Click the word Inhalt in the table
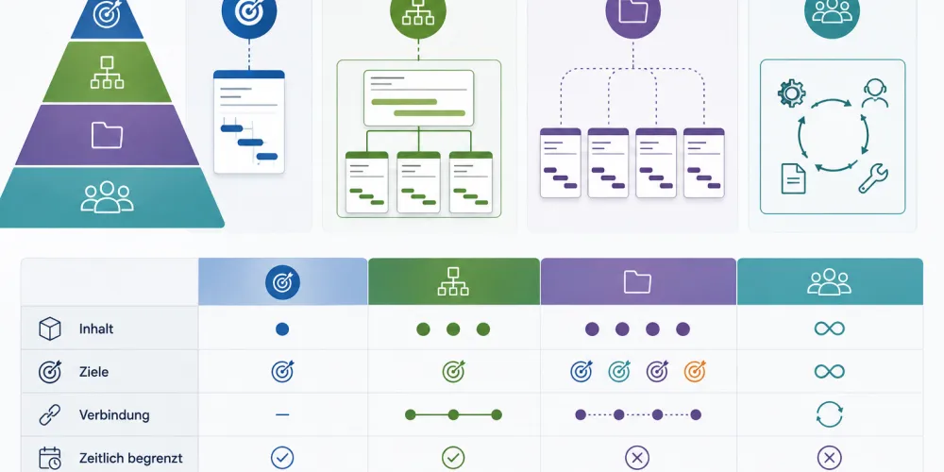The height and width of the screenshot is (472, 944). [95, 329]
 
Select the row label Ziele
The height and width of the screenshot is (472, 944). [93, 372]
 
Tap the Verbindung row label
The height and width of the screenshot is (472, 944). [114, 415]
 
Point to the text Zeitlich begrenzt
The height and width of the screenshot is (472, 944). [130, 458]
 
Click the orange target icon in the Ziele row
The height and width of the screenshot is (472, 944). [695, 371]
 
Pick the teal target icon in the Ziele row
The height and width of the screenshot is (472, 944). [619, 371]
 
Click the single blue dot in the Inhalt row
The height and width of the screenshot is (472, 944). [281, 329]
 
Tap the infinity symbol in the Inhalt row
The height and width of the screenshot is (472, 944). [829, 329]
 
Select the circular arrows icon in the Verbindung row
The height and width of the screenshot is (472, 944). [829, 414]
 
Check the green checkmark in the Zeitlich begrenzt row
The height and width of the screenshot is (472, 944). [453, 458]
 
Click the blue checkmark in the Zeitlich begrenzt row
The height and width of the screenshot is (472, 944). [281, 458]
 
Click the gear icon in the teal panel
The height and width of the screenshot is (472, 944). [791, 93]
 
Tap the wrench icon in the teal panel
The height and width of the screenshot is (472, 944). [873, 178]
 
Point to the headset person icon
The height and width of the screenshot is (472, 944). [874, 93]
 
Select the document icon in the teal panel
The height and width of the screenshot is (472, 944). [793, 178]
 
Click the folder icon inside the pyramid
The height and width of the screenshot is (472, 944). [107, 135]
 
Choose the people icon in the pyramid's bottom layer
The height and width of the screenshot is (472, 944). [107, 197]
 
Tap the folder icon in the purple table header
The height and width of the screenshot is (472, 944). [637, 281]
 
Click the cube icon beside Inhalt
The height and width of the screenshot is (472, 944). [49, 329]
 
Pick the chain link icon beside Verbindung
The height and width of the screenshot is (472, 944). [49, 415]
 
